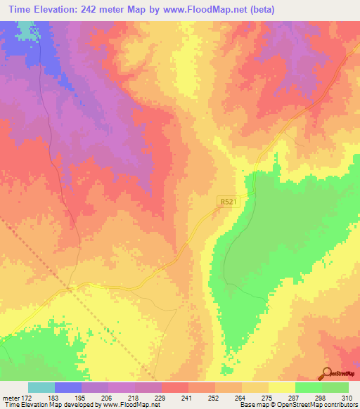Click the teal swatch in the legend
[x=41, y=387]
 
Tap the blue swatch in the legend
[x=68, y=387]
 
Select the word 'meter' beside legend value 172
[x=13, y=398]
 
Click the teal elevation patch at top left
[x=26, y=30]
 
